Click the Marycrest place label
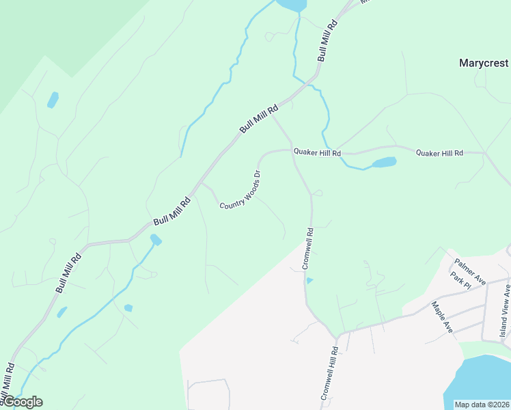tap(484, 63)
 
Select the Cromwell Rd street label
tap(307, 248)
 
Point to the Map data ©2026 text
tap(482, 404)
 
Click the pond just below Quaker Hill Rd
tap(383, 163)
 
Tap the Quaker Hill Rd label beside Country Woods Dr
tap(317, 152)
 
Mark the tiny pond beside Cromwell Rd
tap(309, 280)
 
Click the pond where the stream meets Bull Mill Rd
tap(156, 239)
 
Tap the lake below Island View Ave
tap(482, 383)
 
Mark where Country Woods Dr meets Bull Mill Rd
tap(199, 183)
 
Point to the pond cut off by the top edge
tap(291, 4)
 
